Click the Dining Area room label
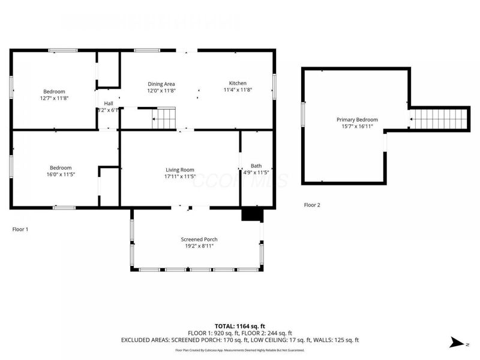coord(161,83)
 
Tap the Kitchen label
coord(238,83)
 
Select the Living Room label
coord(180,170)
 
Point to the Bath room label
coord(256,166)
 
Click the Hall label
coord(109,103)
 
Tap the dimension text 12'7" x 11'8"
coord(55,98)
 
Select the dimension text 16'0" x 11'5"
coord(61,174)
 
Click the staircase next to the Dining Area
coord(164,118)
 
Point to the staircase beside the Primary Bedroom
coord(438,119)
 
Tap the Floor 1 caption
coord(20,229)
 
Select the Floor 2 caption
coord(312,205)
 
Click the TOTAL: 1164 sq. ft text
coord(239,326)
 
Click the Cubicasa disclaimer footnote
coord(239,350)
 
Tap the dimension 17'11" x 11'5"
coord(180,177)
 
